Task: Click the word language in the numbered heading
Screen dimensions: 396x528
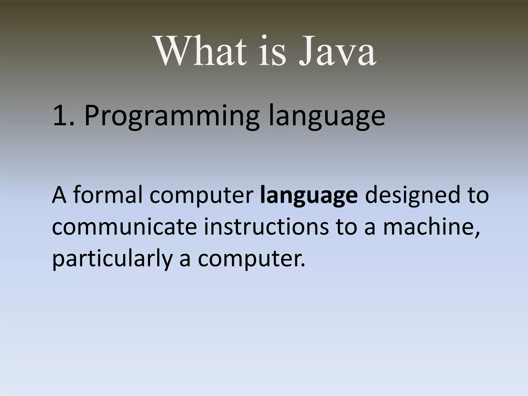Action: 327,117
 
